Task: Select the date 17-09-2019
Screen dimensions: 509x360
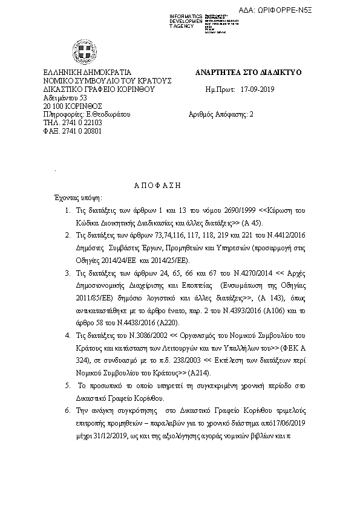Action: point(257,89)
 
